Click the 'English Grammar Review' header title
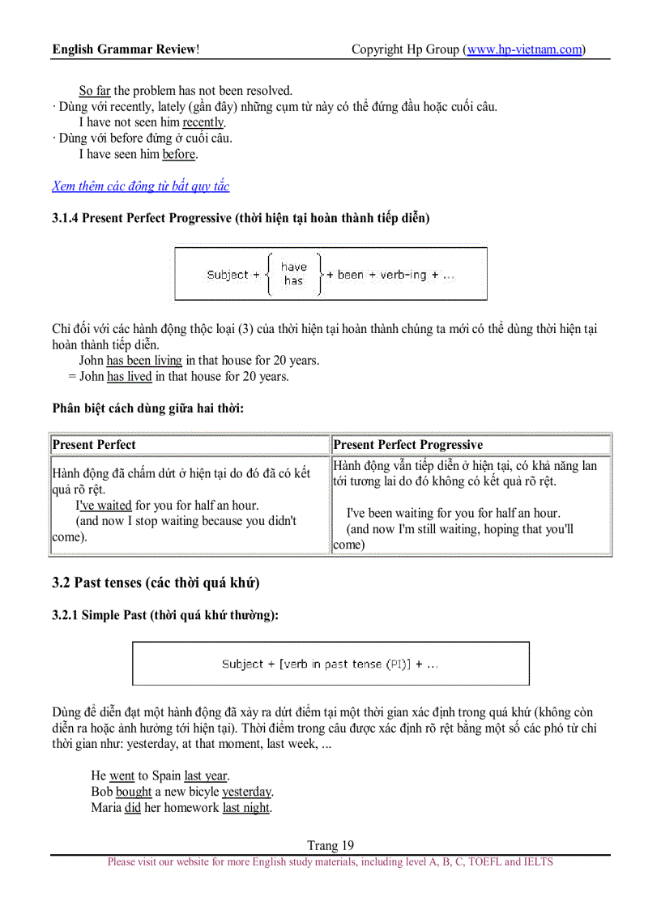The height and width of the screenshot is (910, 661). pos(126,49)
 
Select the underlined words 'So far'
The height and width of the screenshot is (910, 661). pos(95,91)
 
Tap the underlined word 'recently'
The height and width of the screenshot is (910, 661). pos(203,122)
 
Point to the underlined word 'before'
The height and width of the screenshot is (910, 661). pos(179,154)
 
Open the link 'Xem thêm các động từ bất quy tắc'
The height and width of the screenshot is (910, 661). pos(141,186)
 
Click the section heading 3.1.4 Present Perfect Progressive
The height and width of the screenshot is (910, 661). pos(241,218)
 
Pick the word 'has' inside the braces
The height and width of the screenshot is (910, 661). pos(293,281)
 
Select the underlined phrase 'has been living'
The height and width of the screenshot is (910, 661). pos(144,361)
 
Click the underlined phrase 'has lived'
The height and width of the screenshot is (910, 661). pos(129,377)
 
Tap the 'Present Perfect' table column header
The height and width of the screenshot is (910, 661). pos(94,445)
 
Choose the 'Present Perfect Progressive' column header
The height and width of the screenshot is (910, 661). pos(407,445)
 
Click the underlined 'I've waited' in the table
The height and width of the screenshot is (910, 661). pos(104,506)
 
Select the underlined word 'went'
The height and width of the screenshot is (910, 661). pos(122,776)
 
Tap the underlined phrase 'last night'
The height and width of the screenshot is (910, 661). pos(246,808)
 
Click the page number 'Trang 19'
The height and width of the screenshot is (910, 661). pos(330,845)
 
